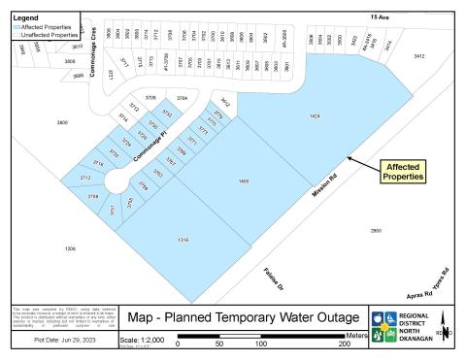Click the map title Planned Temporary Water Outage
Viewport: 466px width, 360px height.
[x=251, y=317]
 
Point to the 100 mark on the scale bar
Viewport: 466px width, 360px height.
[x=260, y=344]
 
